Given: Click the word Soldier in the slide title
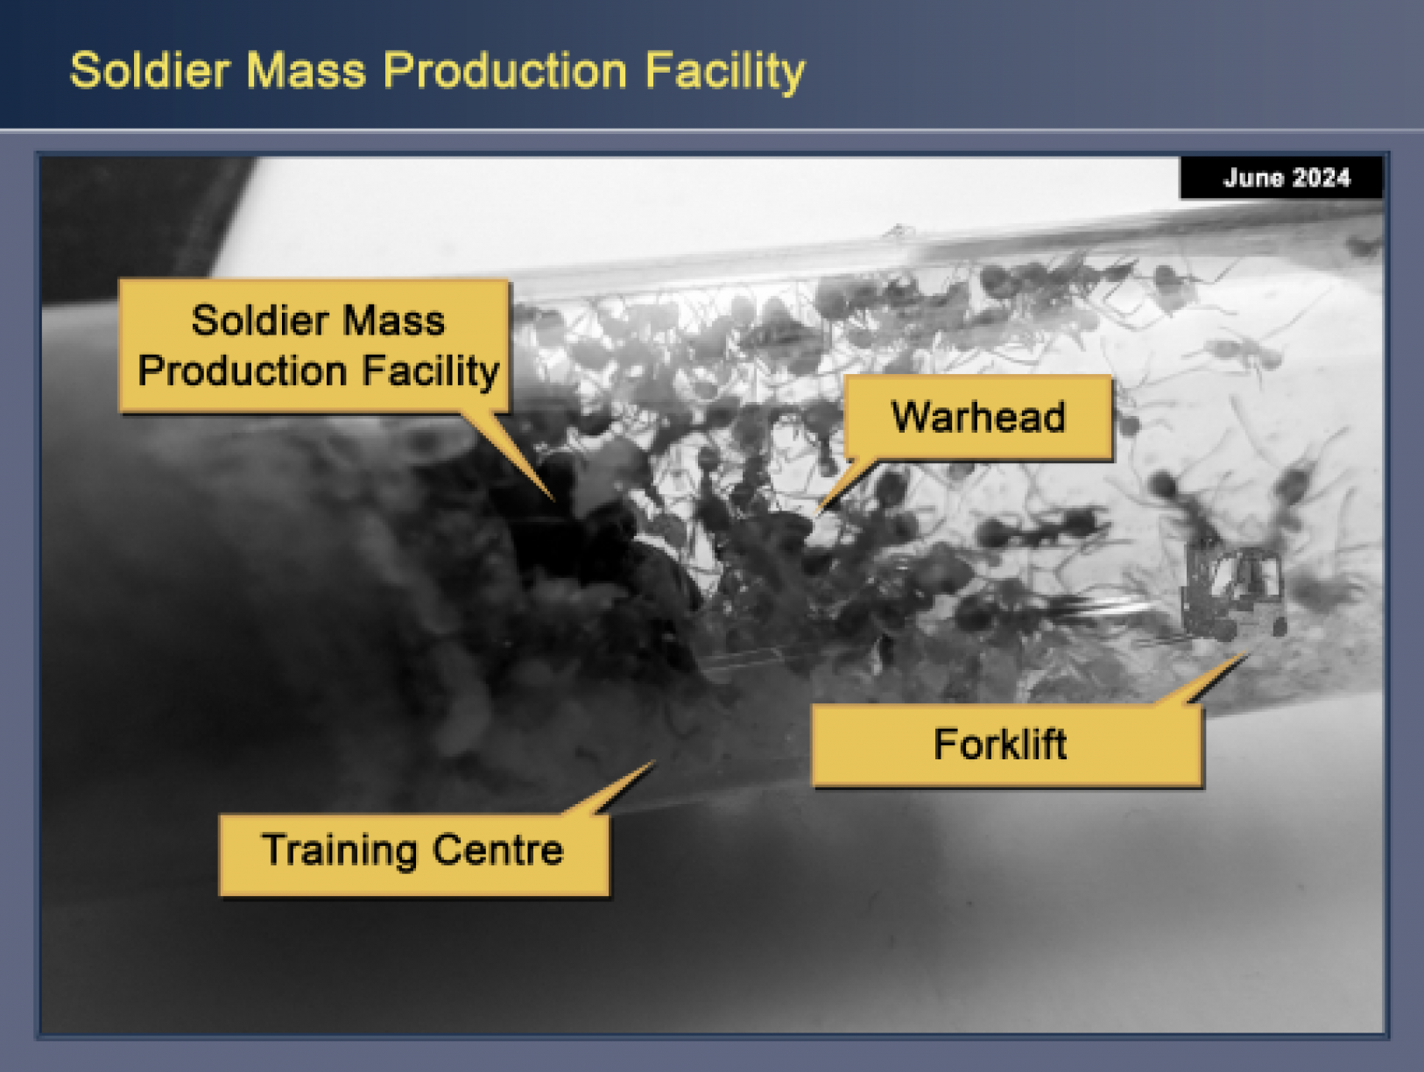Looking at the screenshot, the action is [x=150, y=70].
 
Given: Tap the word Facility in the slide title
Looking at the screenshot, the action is [x=724, y=73].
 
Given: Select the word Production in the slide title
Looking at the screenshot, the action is [x=504, y=70].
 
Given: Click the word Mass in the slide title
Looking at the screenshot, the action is [x=307, y=70].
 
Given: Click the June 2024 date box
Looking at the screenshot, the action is [x=1280, y=177].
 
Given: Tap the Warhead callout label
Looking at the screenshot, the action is [x=978, y=417].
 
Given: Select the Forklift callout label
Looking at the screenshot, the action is [x=1007, y=745].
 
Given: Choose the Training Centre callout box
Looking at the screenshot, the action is [x=414, y=855].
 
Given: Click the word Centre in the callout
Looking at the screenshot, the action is [x=497, y=850].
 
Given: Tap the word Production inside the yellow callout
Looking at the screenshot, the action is [x=242, y=371].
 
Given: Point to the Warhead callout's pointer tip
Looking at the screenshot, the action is [x=816, y=514].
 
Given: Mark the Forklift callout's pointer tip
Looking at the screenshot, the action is [x=1247, y=653].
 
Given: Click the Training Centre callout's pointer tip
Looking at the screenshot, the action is [x=655, y=761].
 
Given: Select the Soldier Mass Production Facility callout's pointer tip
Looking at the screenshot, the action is [x=554, y=500].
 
